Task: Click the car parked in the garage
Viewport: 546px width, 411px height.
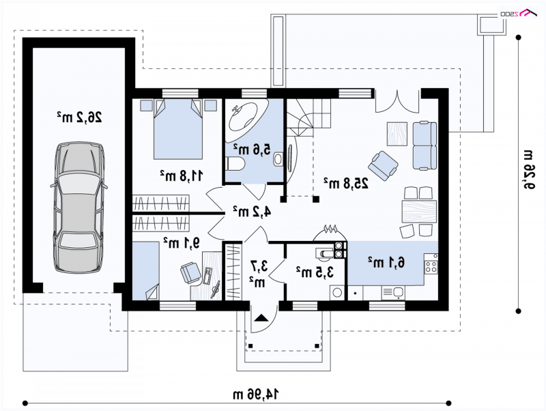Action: (78, 207)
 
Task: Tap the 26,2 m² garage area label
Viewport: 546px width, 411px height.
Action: (79, 117)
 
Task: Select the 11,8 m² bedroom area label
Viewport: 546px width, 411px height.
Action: (181, 176)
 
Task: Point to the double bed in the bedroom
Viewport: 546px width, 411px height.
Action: (178, 129)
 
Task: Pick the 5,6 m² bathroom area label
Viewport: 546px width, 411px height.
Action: (251, 149)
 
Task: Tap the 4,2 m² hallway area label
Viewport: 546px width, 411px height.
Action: (252, 212)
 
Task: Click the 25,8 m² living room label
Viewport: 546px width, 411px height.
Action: (346, 182)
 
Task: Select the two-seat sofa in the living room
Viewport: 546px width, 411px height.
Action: (425, 145)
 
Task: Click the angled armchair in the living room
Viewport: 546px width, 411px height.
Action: (383, 165)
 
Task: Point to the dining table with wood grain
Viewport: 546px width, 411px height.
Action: (419, 212)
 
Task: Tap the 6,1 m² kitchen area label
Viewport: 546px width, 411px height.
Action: (386, 262)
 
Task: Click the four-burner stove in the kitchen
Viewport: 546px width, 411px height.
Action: (431, 263)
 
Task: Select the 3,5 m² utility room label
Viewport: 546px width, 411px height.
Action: (315, 272)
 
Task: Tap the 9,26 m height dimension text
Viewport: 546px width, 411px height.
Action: (528, 169)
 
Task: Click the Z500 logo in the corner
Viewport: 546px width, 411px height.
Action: (518, 13)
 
